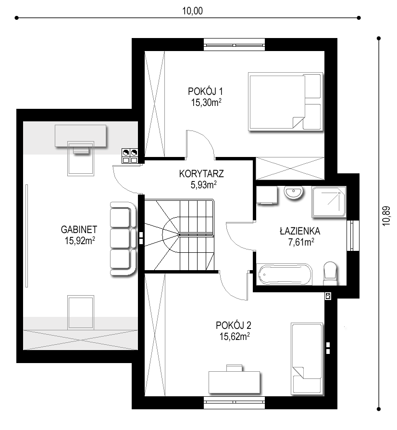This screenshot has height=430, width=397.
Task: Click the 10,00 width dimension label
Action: point(192,11)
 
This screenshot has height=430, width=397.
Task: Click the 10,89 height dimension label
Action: point(386,216)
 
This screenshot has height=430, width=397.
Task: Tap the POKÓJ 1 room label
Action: point(205,91)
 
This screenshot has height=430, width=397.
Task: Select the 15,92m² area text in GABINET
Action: point(80,240)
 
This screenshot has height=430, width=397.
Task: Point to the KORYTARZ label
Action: point(201,174)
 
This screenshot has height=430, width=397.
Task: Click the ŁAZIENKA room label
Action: point(300,231)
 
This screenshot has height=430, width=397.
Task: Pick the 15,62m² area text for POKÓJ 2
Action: point(235,336)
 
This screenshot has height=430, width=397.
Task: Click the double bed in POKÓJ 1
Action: point(285,102)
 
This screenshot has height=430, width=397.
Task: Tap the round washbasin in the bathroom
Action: point(293,192)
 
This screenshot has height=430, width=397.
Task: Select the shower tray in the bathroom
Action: point(329,202)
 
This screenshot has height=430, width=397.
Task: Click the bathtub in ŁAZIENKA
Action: point(284,274)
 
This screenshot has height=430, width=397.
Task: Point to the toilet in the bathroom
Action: point(330,274)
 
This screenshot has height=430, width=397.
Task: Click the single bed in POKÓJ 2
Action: point(307,359)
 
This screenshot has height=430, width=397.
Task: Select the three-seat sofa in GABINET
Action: point(123,238)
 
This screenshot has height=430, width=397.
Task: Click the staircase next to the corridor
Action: point(179,235)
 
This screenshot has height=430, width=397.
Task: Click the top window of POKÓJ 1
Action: point(235,45)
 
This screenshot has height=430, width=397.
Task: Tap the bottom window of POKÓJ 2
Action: point(235,403)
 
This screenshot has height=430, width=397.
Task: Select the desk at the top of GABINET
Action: point(80,136)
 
